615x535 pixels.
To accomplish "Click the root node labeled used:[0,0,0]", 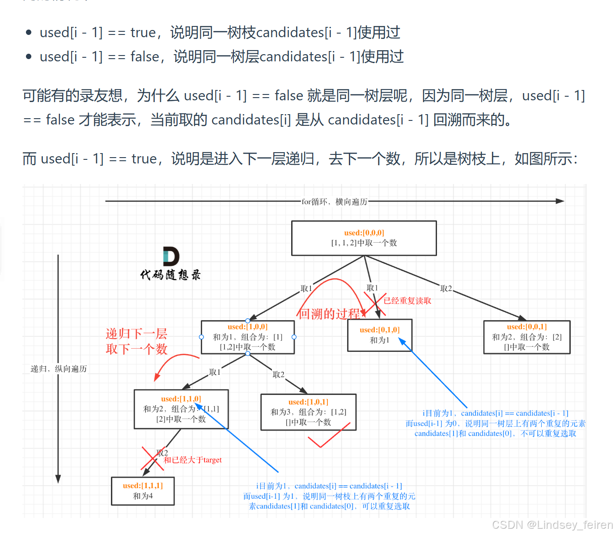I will [364, 238].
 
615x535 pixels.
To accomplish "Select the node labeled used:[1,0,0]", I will [247, 337].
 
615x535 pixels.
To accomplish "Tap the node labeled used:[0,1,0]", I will [379, 335].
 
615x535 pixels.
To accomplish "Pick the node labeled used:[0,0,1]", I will [526, 337].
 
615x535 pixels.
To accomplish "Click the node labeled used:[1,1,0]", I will [181, 409].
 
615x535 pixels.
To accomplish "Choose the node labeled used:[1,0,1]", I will [308, 412].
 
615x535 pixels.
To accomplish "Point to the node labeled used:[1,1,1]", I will [143, 491].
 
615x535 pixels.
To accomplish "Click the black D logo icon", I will [171, 256].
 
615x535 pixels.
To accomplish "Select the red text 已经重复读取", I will [407, 301].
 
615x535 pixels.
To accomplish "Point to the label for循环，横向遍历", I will [334, 202].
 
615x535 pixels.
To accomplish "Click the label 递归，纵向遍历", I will [59, 369].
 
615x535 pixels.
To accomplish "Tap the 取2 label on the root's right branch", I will [446, 289].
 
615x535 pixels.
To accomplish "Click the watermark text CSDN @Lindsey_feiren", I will [552, 525].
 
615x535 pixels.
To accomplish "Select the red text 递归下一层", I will [136, 334].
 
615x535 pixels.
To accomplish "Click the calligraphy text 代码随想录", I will [170, 274].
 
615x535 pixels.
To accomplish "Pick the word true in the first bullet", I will [143, 33].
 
